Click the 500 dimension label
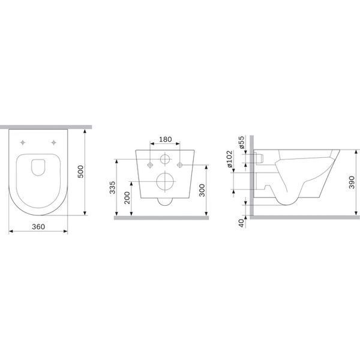[x=80, y=172]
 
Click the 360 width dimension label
[x=38, y=227]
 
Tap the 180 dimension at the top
[x=166, y=139]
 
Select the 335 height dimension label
[x=112, y=187]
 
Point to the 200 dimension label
[x=127, y=197]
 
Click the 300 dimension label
[x=202, y=190]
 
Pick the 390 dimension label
[x=352, y=182]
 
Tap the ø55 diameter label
[x=242, y=142]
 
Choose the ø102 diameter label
[x=229, y=159]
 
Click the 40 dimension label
[x=241, y=223]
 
